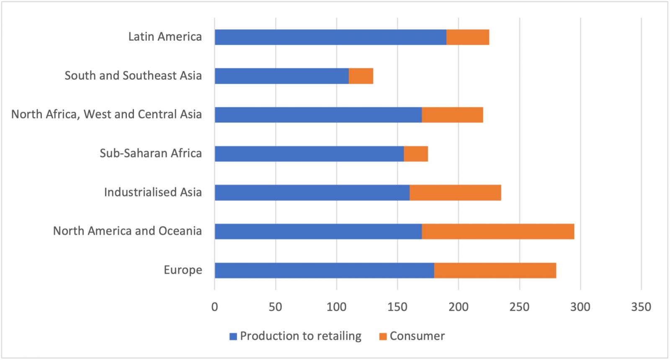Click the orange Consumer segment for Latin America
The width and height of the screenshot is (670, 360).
pos(468,37)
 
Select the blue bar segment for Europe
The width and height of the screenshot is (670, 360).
pos(325,270)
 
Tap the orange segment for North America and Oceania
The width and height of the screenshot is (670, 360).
pos(498,231)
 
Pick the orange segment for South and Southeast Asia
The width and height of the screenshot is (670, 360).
pos(361,76)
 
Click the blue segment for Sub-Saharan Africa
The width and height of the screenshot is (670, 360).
pos(309,154)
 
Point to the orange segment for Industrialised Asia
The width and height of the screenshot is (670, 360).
pos(455,193)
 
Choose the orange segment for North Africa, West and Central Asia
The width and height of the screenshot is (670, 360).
pos(452,115)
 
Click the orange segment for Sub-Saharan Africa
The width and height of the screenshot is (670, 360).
pos(416,154)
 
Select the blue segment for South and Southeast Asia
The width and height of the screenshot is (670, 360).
pos(282,76)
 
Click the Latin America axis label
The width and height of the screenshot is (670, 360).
pos(165,37)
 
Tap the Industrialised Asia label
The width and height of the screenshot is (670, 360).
pos(153,192)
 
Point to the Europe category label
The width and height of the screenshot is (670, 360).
pos(183,270)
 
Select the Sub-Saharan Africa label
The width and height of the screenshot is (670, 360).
pos(151,153)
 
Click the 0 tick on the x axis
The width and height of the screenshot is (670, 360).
pos(215,307)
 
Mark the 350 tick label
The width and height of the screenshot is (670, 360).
pos(641,307)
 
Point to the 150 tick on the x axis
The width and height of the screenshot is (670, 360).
pos(397,307)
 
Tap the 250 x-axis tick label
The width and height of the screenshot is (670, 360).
pos(519,307)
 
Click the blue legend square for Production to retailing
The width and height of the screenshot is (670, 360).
pos(233,336)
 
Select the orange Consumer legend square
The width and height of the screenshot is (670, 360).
pos(383,336)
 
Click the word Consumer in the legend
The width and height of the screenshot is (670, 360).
pos(417,336)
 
